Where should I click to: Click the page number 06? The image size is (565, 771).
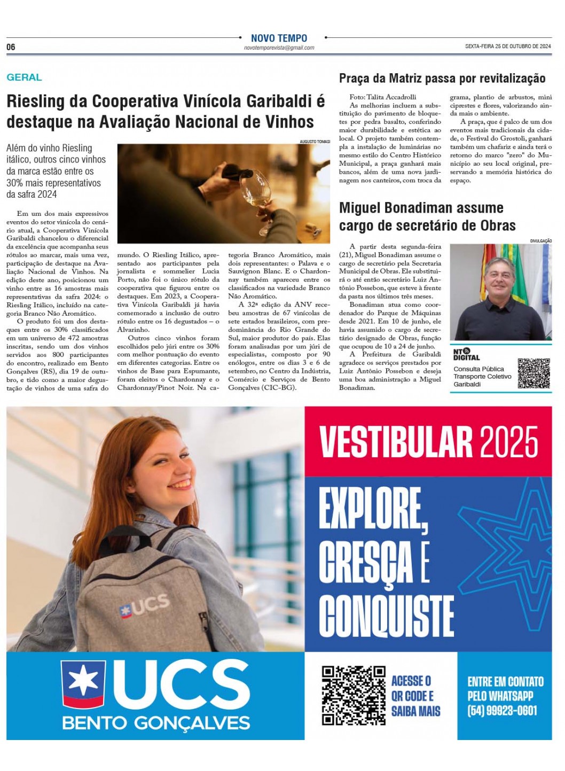(x=11, y=47)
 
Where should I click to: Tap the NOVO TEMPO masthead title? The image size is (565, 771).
(x=279, y=38)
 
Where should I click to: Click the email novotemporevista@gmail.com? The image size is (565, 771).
(x=279, y=48)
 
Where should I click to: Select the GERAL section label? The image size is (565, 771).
(x=24, y=77)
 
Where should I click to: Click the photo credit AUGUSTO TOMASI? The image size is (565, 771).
(x=315, y=142)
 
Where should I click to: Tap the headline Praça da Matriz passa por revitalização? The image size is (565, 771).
(x=442, y=79)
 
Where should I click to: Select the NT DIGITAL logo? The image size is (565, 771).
(x=466, y=354)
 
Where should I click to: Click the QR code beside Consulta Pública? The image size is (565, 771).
(x=533, y=373)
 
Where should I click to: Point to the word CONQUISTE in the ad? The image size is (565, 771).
(x=387, y=616)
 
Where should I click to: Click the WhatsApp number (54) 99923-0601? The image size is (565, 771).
(x=502, y=711)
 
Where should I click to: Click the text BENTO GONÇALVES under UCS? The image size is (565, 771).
(x=156, y=723)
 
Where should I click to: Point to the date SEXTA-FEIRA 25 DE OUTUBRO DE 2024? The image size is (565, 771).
(x=508, y=46)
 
